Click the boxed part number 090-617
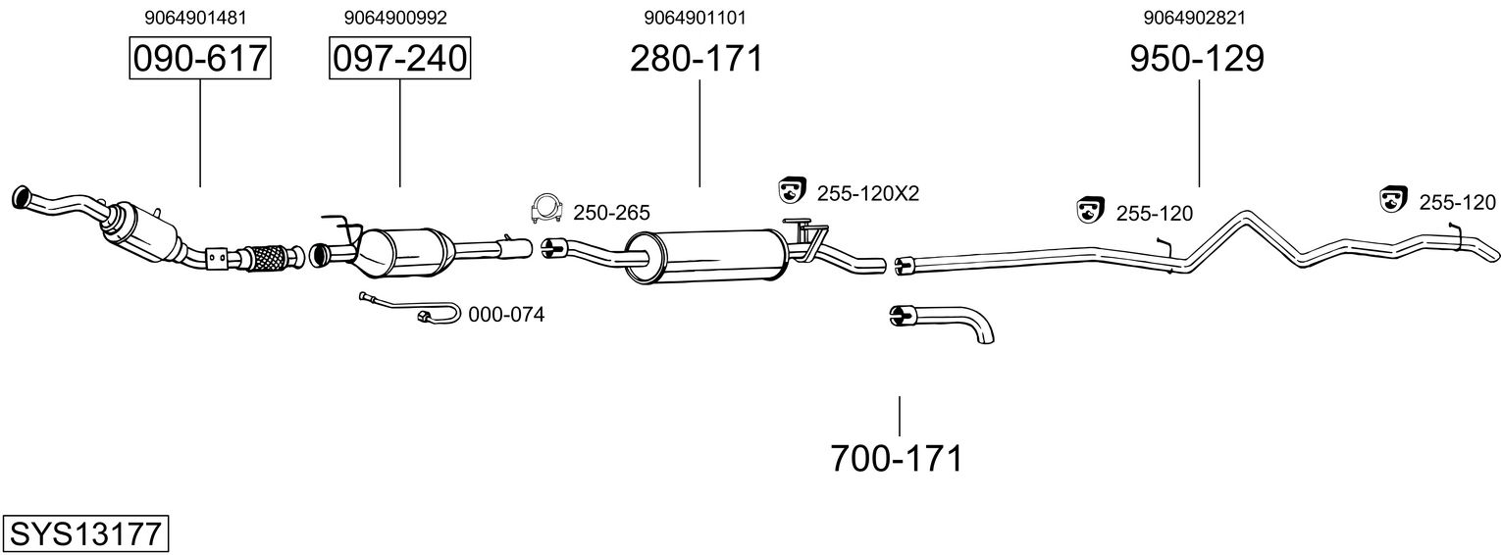[x=199, y=59]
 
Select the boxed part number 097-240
[x=399, y=59]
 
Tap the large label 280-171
[x=696, y=59]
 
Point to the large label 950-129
[x=1197, y=59]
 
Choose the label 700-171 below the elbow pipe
[x=897, y=458]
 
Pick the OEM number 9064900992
[x=388, y=17]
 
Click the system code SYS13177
[x=85, y=534]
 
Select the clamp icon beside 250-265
[x=544, y=209]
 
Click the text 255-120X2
[x=867, y=193]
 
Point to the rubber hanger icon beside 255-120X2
[x=791, y=190]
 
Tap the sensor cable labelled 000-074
[x=412, y=308]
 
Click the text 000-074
[x=506, y=315]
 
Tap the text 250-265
[x=611, y=213]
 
